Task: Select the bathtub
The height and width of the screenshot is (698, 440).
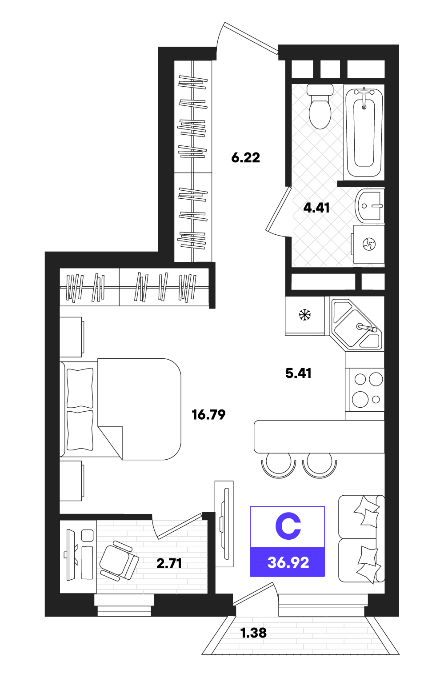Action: coord(364,133)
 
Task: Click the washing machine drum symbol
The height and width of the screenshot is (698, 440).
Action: coord(369,244)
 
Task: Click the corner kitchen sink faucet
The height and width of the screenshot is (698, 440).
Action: coord(367,328)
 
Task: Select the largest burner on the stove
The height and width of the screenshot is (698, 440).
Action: coord(360,399)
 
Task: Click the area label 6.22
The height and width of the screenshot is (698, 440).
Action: coord(245,158)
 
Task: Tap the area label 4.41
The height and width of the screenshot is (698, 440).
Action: coord(316,208)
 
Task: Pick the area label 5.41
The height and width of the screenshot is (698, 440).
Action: coord(299,373)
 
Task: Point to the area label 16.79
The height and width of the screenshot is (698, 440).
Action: coord(208,415)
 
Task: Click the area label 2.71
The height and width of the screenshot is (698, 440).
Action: coord(169,563)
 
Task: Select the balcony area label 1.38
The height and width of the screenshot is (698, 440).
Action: coord(253,633)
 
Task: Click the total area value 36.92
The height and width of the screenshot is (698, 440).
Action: coord(288,563)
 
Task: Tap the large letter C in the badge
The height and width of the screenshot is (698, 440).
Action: coord(288,527)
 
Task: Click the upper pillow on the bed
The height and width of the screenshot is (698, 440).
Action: coord(80,388)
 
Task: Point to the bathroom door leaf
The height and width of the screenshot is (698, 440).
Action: coord(278,209)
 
